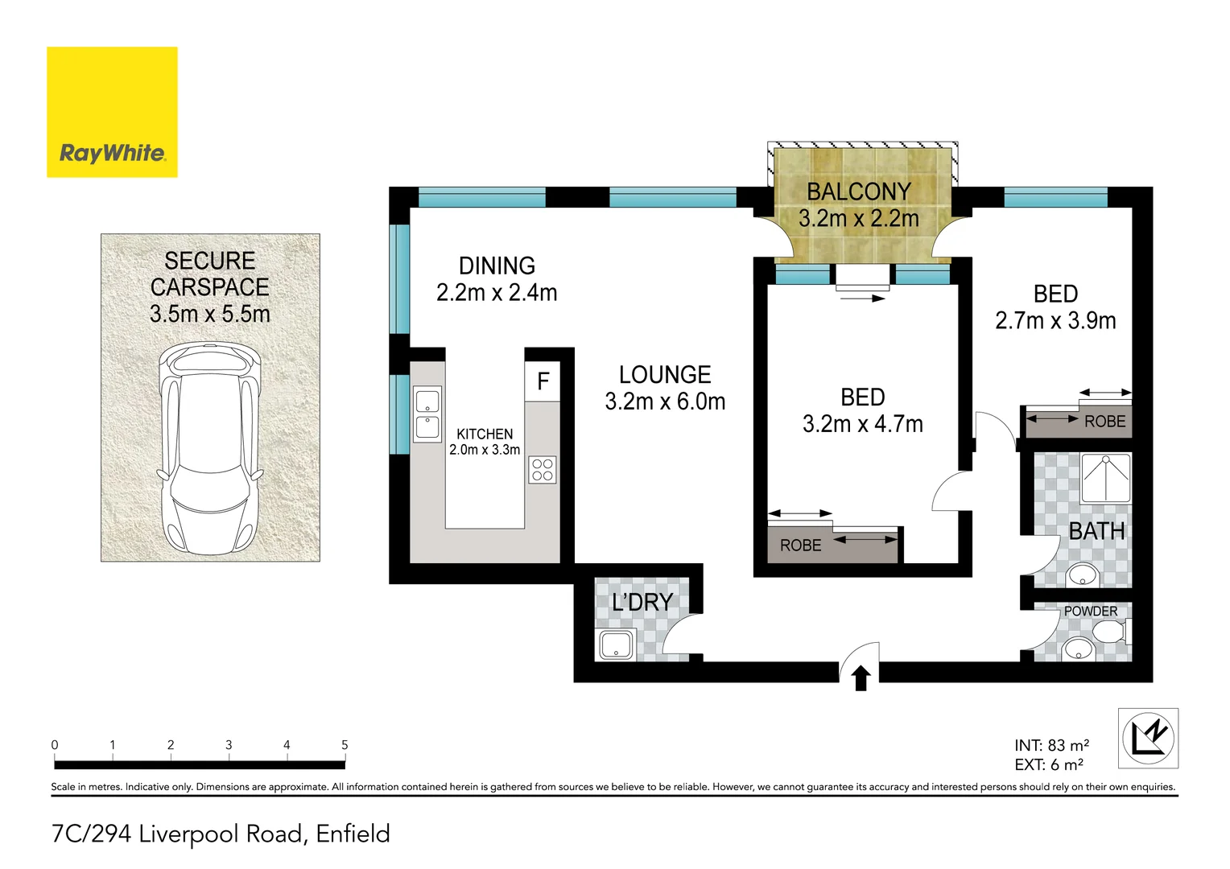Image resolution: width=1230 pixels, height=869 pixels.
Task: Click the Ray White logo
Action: click(112, 112)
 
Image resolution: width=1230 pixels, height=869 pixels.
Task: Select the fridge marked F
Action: click(543, 381)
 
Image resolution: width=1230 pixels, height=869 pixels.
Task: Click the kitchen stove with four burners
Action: click(543, 470)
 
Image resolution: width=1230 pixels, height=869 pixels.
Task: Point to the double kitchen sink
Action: click(427, 414)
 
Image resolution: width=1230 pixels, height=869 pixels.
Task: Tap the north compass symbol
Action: click(1149, 738)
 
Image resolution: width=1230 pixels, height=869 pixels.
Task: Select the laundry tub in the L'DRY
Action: click(616, 645)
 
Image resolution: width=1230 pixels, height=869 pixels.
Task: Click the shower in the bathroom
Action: click(1106, 479)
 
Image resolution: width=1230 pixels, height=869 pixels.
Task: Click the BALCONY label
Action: click(859, 192)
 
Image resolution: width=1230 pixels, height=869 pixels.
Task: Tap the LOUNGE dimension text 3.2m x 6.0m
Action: click(665, 402)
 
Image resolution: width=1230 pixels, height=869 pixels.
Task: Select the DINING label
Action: click(497, 266)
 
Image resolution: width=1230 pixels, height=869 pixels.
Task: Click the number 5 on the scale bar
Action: click(345, 745)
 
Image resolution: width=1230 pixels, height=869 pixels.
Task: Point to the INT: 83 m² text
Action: click(1051, 746)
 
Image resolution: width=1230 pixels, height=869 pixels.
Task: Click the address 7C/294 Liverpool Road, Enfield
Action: click(221, 834)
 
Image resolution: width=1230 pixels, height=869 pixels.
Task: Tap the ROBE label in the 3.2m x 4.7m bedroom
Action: click(800, 546)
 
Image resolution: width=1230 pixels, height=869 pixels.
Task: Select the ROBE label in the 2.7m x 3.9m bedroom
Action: click(1104, 422)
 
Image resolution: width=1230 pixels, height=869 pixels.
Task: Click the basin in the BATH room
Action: click(1081, 575)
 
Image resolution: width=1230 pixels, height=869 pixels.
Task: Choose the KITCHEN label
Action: click(485, 434)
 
